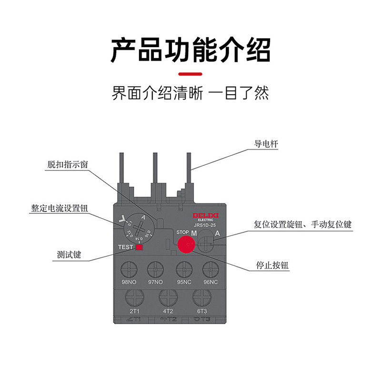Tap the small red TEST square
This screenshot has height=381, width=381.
pyautogui.click(x=140, y=247)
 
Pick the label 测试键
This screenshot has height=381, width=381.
pyautogui.click(x=69, y=255)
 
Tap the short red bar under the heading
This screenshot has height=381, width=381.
pyautogui.click(x=190, y=74)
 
